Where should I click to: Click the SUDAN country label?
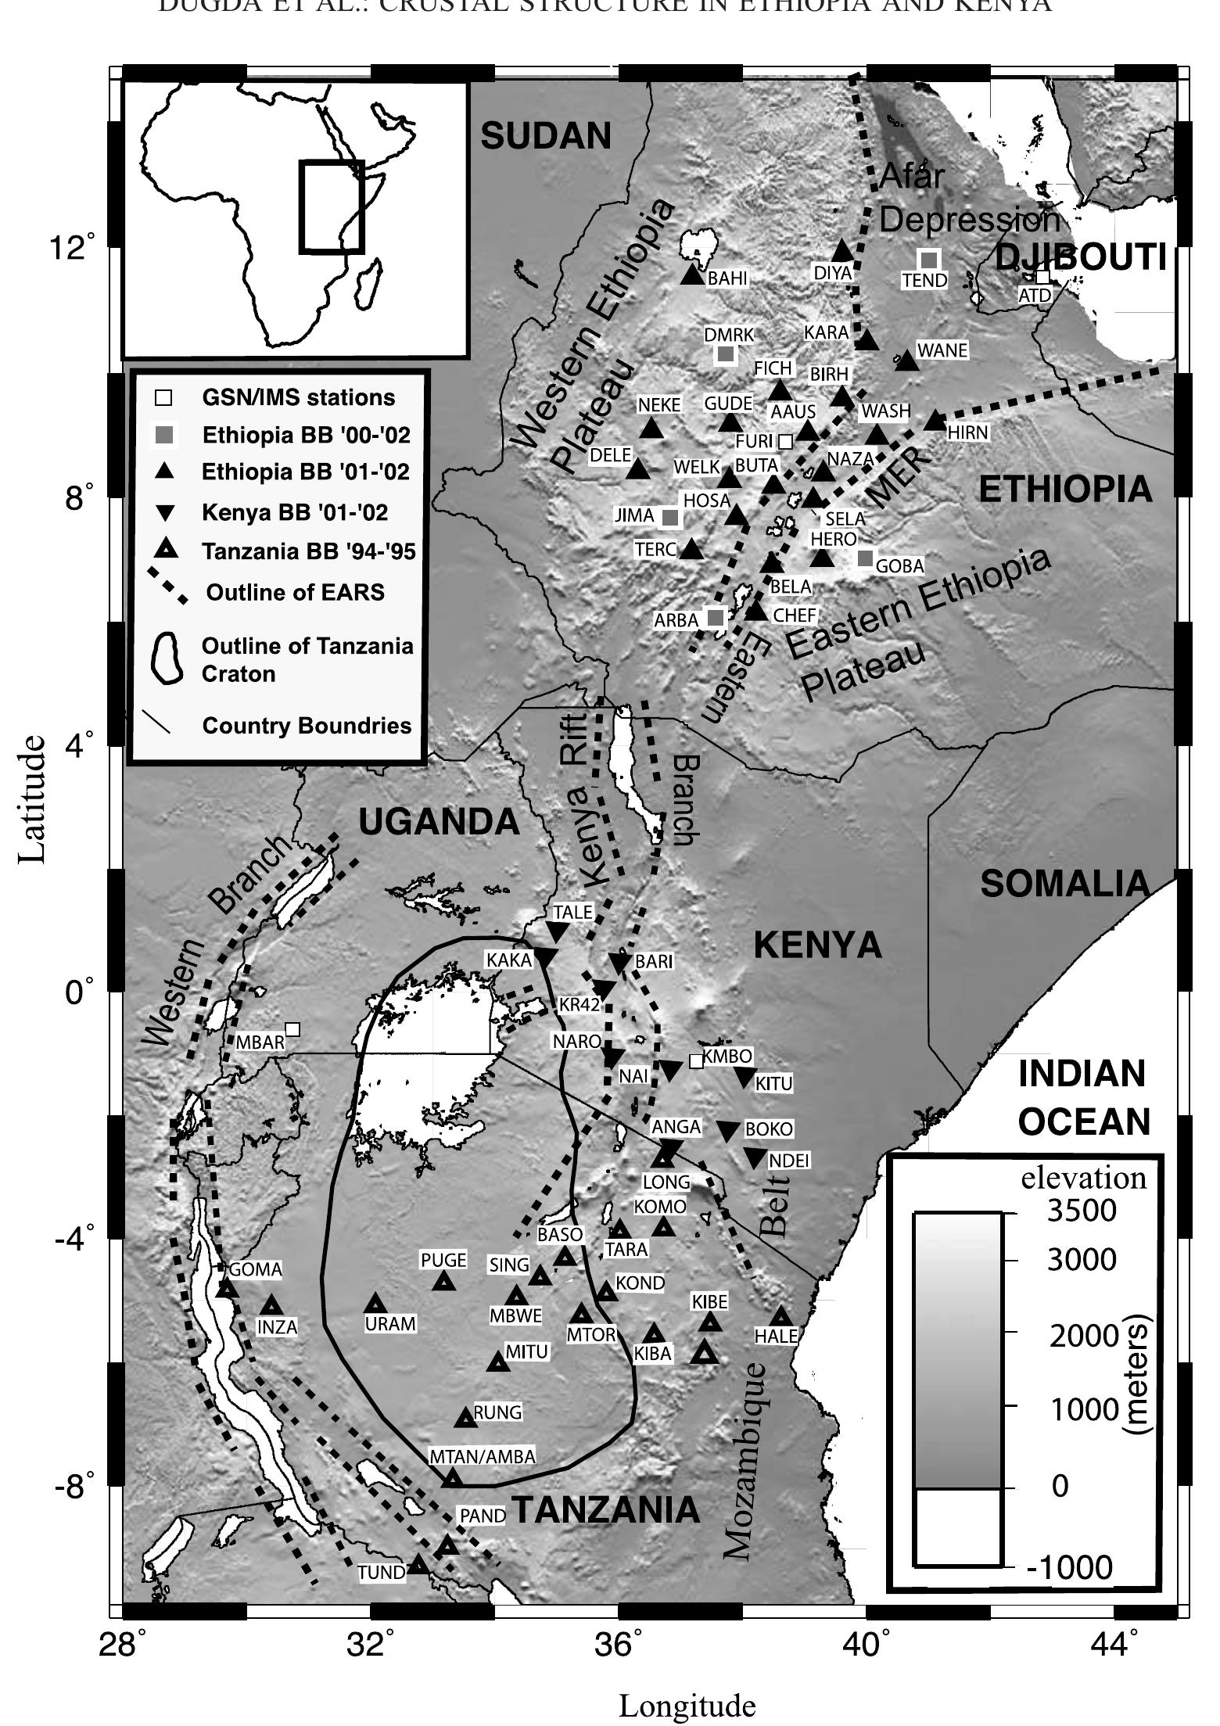(545, 136)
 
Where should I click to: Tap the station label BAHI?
(727, 279)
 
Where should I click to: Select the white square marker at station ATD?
(1042, 278)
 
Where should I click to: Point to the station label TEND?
(924, 280)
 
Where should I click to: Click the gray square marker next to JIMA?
(670, 517)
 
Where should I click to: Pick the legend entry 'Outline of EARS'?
(295, 592)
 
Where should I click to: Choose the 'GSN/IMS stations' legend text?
(299, 397)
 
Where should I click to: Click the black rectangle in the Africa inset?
(332, 206)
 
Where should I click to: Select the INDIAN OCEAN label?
(1084, 1099)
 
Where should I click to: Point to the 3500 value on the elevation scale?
(1082, 1211)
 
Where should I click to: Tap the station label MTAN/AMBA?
(483, 1456)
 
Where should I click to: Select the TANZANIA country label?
(606, 1510)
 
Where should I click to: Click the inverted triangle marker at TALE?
(557, 931)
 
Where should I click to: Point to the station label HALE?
(775, 1337)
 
